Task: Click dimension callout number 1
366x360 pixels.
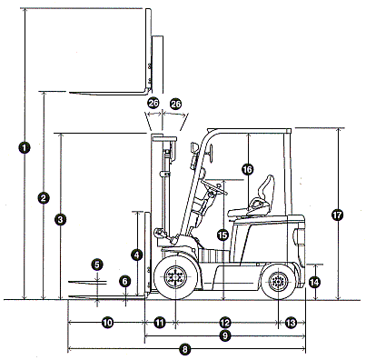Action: point(25,147)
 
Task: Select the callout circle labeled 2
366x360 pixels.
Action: point(44,198)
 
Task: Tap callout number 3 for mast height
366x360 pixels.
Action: point(61,219)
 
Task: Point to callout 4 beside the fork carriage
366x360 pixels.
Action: point(137,255)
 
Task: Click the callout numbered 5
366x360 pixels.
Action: point(97,265)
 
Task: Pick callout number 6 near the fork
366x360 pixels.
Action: point(124,281)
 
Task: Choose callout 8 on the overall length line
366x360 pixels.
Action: point(184,350)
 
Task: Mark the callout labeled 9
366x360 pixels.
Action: point(225,335)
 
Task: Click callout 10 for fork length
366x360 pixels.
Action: point(107,323)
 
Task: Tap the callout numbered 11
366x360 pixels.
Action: point(160,323)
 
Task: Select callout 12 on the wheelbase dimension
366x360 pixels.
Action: point(225,323)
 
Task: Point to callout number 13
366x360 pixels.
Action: point(291,323)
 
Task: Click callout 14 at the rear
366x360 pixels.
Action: point(314,283)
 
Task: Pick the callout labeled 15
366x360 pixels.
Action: point(223,235)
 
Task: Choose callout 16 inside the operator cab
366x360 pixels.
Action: point(247,169)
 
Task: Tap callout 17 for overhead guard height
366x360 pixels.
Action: point(338,215)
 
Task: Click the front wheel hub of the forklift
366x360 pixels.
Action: point(175,276)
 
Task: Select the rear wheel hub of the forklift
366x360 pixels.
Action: point(278,282)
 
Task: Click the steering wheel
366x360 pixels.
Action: point(214,185)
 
